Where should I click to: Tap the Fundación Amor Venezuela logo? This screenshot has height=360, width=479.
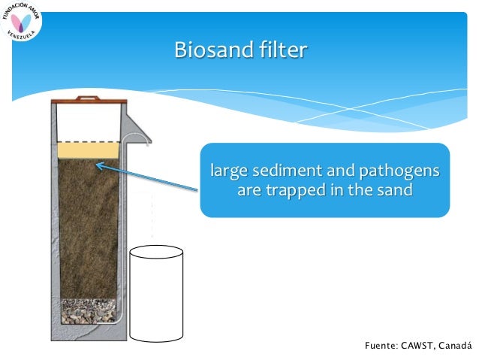(x=23, y=23)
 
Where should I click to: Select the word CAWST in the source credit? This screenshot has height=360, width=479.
(x=423, y=346)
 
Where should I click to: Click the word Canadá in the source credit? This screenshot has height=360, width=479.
(x=459, y=346)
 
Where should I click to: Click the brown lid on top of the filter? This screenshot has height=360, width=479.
(x=88, y=98)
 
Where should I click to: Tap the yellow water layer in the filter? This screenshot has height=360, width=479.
(x=88, y=150)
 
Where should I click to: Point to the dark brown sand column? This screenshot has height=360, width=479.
(x=88, y=225)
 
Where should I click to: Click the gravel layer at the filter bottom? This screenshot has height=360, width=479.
(x=88, y=310)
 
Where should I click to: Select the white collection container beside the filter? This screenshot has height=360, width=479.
(x=156, y=293)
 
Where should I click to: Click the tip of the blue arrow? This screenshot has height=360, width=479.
(x=98, y=161)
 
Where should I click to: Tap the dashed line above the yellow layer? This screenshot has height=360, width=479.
(x=88, y=142)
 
